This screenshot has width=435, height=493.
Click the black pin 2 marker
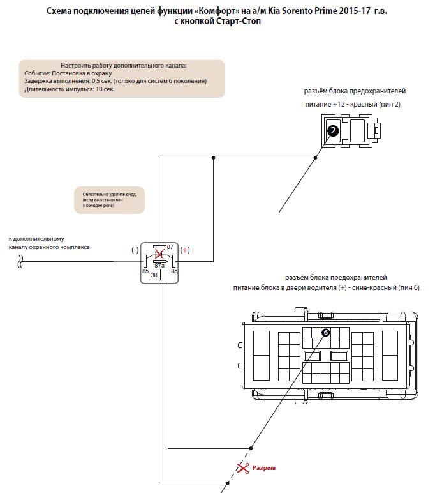[x=332, y=131]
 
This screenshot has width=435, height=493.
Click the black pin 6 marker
[x=325, y=333]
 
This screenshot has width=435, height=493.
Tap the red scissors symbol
[x=242, y=468]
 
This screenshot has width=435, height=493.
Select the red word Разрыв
[x=265, y=468]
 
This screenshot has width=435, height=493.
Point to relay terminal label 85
[x=145, y=271]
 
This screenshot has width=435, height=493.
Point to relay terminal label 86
[x=174, y=271]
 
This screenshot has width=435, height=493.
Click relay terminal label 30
[x=154, y=275]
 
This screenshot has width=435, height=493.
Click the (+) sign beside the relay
[x=185, y=250]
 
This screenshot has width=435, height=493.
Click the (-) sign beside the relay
[x=135, y=250]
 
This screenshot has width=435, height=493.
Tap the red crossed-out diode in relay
[x=159, y=254]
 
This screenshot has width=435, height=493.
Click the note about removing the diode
[x=109, y=199]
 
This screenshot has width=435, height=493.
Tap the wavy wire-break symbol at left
[x=21, y=261]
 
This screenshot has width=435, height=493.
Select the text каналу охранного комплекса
[x=49, y=247]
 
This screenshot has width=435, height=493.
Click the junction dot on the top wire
[x=214, y=158]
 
